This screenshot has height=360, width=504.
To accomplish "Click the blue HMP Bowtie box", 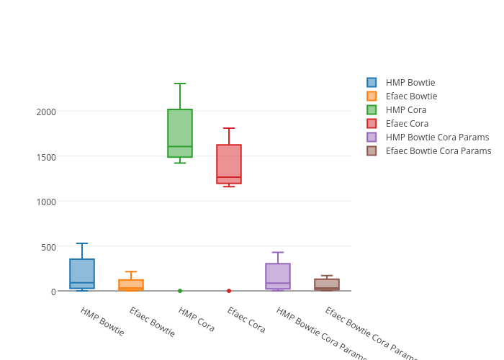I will (x=82, y=274).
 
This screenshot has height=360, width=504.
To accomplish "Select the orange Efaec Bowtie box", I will (x=131, y=284).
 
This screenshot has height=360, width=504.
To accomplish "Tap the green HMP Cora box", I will (x=180, y=133).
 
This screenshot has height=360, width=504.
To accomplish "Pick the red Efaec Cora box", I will (x=229, y=164).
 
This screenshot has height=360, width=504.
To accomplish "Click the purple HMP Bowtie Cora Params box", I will (x=278, y=276).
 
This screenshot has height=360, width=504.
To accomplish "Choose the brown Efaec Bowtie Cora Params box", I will (x=327, y=284).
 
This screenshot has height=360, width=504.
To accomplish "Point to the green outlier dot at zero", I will (x=180, y=291).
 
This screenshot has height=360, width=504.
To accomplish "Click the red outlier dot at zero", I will (x=229, y=291).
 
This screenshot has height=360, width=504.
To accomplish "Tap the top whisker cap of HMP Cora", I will (x=180, y=84).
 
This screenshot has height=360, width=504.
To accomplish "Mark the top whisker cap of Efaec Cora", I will (x=229, y=128).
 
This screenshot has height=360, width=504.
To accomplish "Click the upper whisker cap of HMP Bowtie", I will (x=82, y=243).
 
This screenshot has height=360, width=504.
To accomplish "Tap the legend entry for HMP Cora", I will (x=405, y=110).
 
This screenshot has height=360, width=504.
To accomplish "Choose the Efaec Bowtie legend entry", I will (x=411, y=96).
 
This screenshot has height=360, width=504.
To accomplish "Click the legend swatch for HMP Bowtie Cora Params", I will (x=372, y=138).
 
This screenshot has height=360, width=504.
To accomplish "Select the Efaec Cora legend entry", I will (x=407, y=124).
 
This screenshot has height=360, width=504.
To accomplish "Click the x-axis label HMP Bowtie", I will (x=102, y=322).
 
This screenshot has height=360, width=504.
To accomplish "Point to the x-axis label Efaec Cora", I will (x=246, y=320).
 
